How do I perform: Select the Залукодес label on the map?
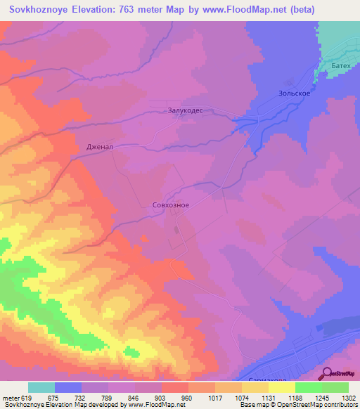[x=186, y=110]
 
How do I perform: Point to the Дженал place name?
[x=99, y=147]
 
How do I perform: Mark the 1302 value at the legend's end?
[x=348, y=397]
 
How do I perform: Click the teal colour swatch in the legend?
[x=41, y=387]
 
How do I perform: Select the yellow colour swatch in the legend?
[x=282, y=387]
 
